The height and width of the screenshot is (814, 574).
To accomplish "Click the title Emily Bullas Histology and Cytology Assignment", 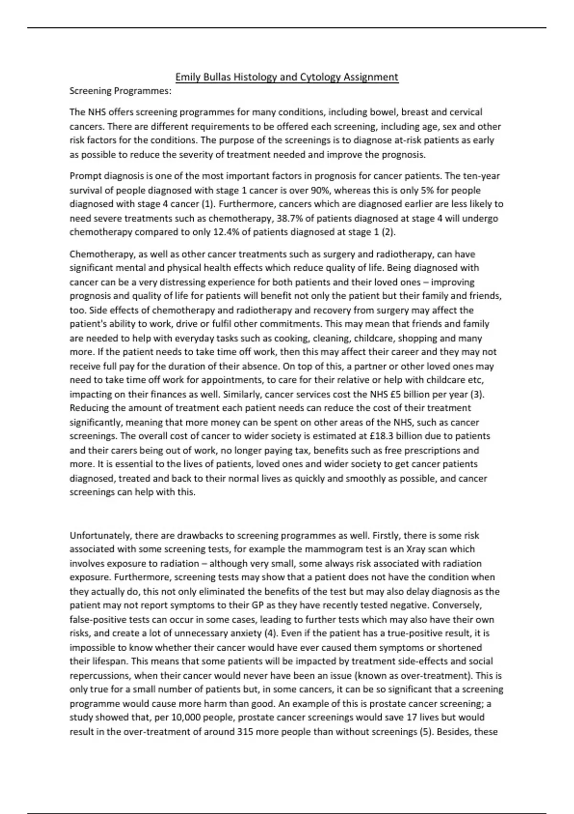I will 287,77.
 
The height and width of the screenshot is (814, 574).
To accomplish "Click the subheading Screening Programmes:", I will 121,91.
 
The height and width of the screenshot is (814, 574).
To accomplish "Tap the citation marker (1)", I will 207,204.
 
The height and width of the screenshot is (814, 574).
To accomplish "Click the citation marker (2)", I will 389,232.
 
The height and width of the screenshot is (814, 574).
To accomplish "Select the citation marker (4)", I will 270,633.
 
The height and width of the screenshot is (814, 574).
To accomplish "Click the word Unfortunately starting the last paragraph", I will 99,535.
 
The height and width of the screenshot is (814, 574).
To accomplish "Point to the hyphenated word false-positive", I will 98,620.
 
